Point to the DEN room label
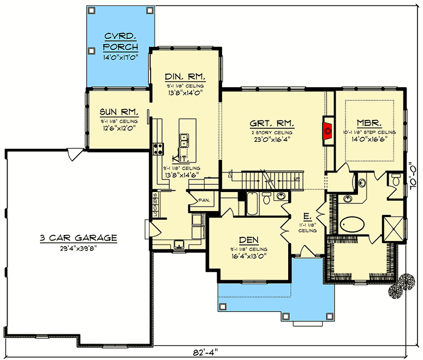coord(248,238)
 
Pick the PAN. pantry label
coord(204,200)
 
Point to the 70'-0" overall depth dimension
coord(414,175)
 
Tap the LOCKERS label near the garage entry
coord(155,204)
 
